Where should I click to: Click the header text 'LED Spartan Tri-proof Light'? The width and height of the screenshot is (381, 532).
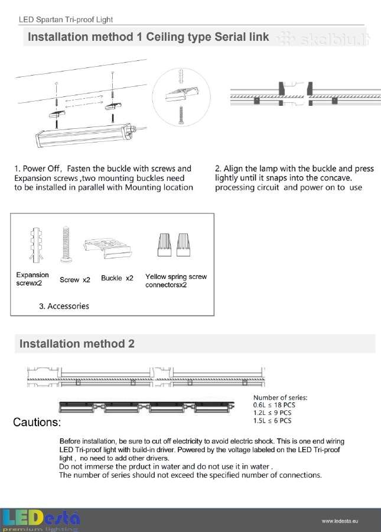(66, 20)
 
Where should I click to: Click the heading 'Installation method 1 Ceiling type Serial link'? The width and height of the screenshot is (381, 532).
(148, 37)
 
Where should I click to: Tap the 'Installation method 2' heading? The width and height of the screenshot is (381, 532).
(77, 343)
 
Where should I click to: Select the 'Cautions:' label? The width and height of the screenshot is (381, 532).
(37, 423)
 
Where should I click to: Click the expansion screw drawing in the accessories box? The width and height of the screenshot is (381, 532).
(36, 245)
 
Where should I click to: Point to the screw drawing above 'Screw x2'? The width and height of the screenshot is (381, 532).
(66, 245)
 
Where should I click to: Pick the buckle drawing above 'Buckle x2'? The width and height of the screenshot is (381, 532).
(108, 248)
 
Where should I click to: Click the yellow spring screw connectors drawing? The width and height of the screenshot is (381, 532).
(174, 245)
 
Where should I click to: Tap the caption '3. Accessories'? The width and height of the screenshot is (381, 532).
(64, 306)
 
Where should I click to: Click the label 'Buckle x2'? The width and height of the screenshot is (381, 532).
(117, 278)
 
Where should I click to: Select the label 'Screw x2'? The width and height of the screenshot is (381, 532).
(75, 280)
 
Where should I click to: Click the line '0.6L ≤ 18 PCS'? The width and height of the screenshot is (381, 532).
(274, 405)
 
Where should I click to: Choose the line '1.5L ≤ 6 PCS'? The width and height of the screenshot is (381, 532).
(272, 421)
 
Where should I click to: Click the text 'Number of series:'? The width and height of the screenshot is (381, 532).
(281, 397)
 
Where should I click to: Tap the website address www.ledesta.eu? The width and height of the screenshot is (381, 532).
(340, 521)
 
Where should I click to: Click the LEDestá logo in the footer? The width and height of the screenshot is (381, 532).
(40, 520)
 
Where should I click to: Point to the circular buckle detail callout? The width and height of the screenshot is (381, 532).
(181, 97)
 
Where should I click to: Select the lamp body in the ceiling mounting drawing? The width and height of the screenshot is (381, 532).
(84, 136)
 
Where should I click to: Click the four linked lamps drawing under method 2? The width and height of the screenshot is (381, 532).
(146, 407)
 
